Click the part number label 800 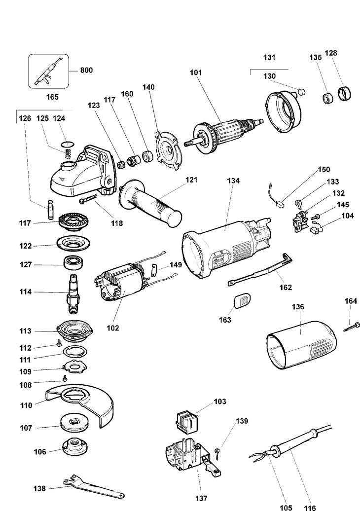click(x=86, y=70)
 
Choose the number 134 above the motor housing click(x=233, y=181)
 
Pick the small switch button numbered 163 click(x=242, y=300)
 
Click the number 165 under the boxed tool click(x=52, y=97)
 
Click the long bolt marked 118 click(x=92, y=200)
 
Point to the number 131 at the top click(x=269, y=58)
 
